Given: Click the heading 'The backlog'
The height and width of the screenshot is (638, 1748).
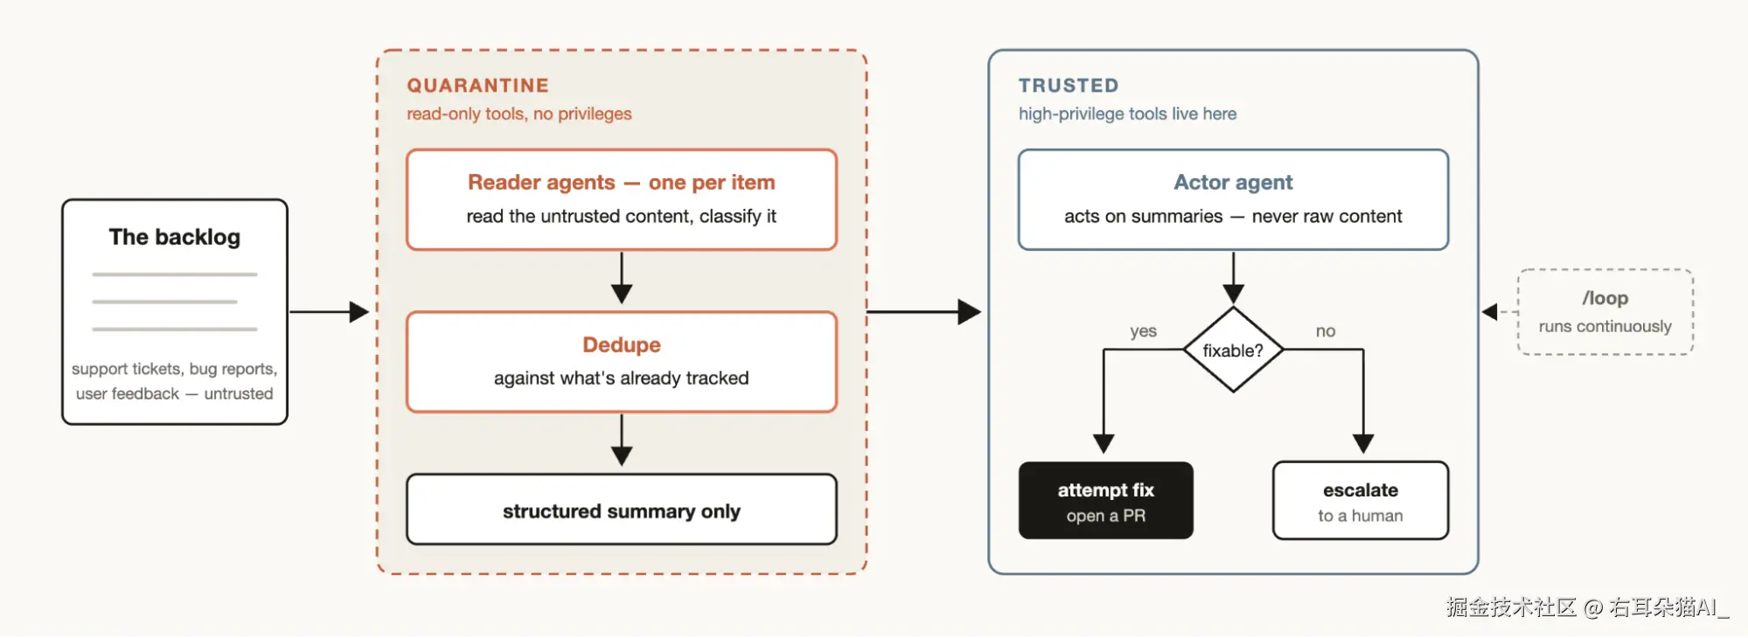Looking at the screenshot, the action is coord(174,237).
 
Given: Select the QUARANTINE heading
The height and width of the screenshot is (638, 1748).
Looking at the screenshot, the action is coord(477,86).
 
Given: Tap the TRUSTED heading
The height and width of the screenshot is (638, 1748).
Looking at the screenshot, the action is coord(1068,86).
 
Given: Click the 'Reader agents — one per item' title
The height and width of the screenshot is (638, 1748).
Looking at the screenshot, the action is coord(621,183).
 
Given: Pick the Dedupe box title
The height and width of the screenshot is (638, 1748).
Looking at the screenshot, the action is coord(622,345).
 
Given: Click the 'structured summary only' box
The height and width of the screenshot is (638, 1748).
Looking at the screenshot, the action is coord(622,510).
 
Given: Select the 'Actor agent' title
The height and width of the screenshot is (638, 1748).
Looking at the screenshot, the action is coord(1233,183).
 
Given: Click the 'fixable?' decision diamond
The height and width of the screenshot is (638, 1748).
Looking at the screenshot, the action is coord(1233,350).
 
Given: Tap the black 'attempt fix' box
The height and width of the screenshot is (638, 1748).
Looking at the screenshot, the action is coord(1105,500).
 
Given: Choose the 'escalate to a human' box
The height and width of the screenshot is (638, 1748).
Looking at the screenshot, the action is coord(1361,500).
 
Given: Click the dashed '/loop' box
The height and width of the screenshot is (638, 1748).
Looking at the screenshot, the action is coord(1605,312).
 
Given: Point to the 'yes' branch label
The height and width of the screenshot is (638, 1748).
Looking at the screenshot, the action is coord(1143,331).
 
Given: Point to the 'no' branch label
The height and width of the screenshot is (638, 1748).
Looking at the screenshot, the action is coord(1326,331).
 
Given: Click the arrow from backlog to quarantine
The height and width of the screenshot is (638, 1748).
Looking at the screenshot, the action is coord(329,312).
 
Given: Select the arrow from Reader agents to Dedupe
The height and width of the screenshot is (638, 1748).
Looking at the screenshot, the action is coord(622,278).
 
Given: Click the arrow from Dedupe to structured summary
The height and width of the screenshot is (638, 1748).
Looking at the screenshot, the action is coord(622,440).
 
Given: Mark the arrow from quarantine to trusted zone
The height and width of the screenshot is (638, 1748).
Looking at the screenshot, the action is coord(924,312).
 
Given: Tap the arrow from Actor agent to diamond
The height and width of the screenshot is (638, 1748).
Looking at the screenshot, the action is coord(1233,278).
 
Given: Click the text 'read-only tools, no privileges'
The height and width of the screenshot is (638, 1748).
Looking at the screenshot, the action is coord(519,114).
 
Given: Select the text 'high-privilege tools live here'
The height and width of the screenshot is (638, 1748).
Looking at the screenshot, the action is coord(1127,114).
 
